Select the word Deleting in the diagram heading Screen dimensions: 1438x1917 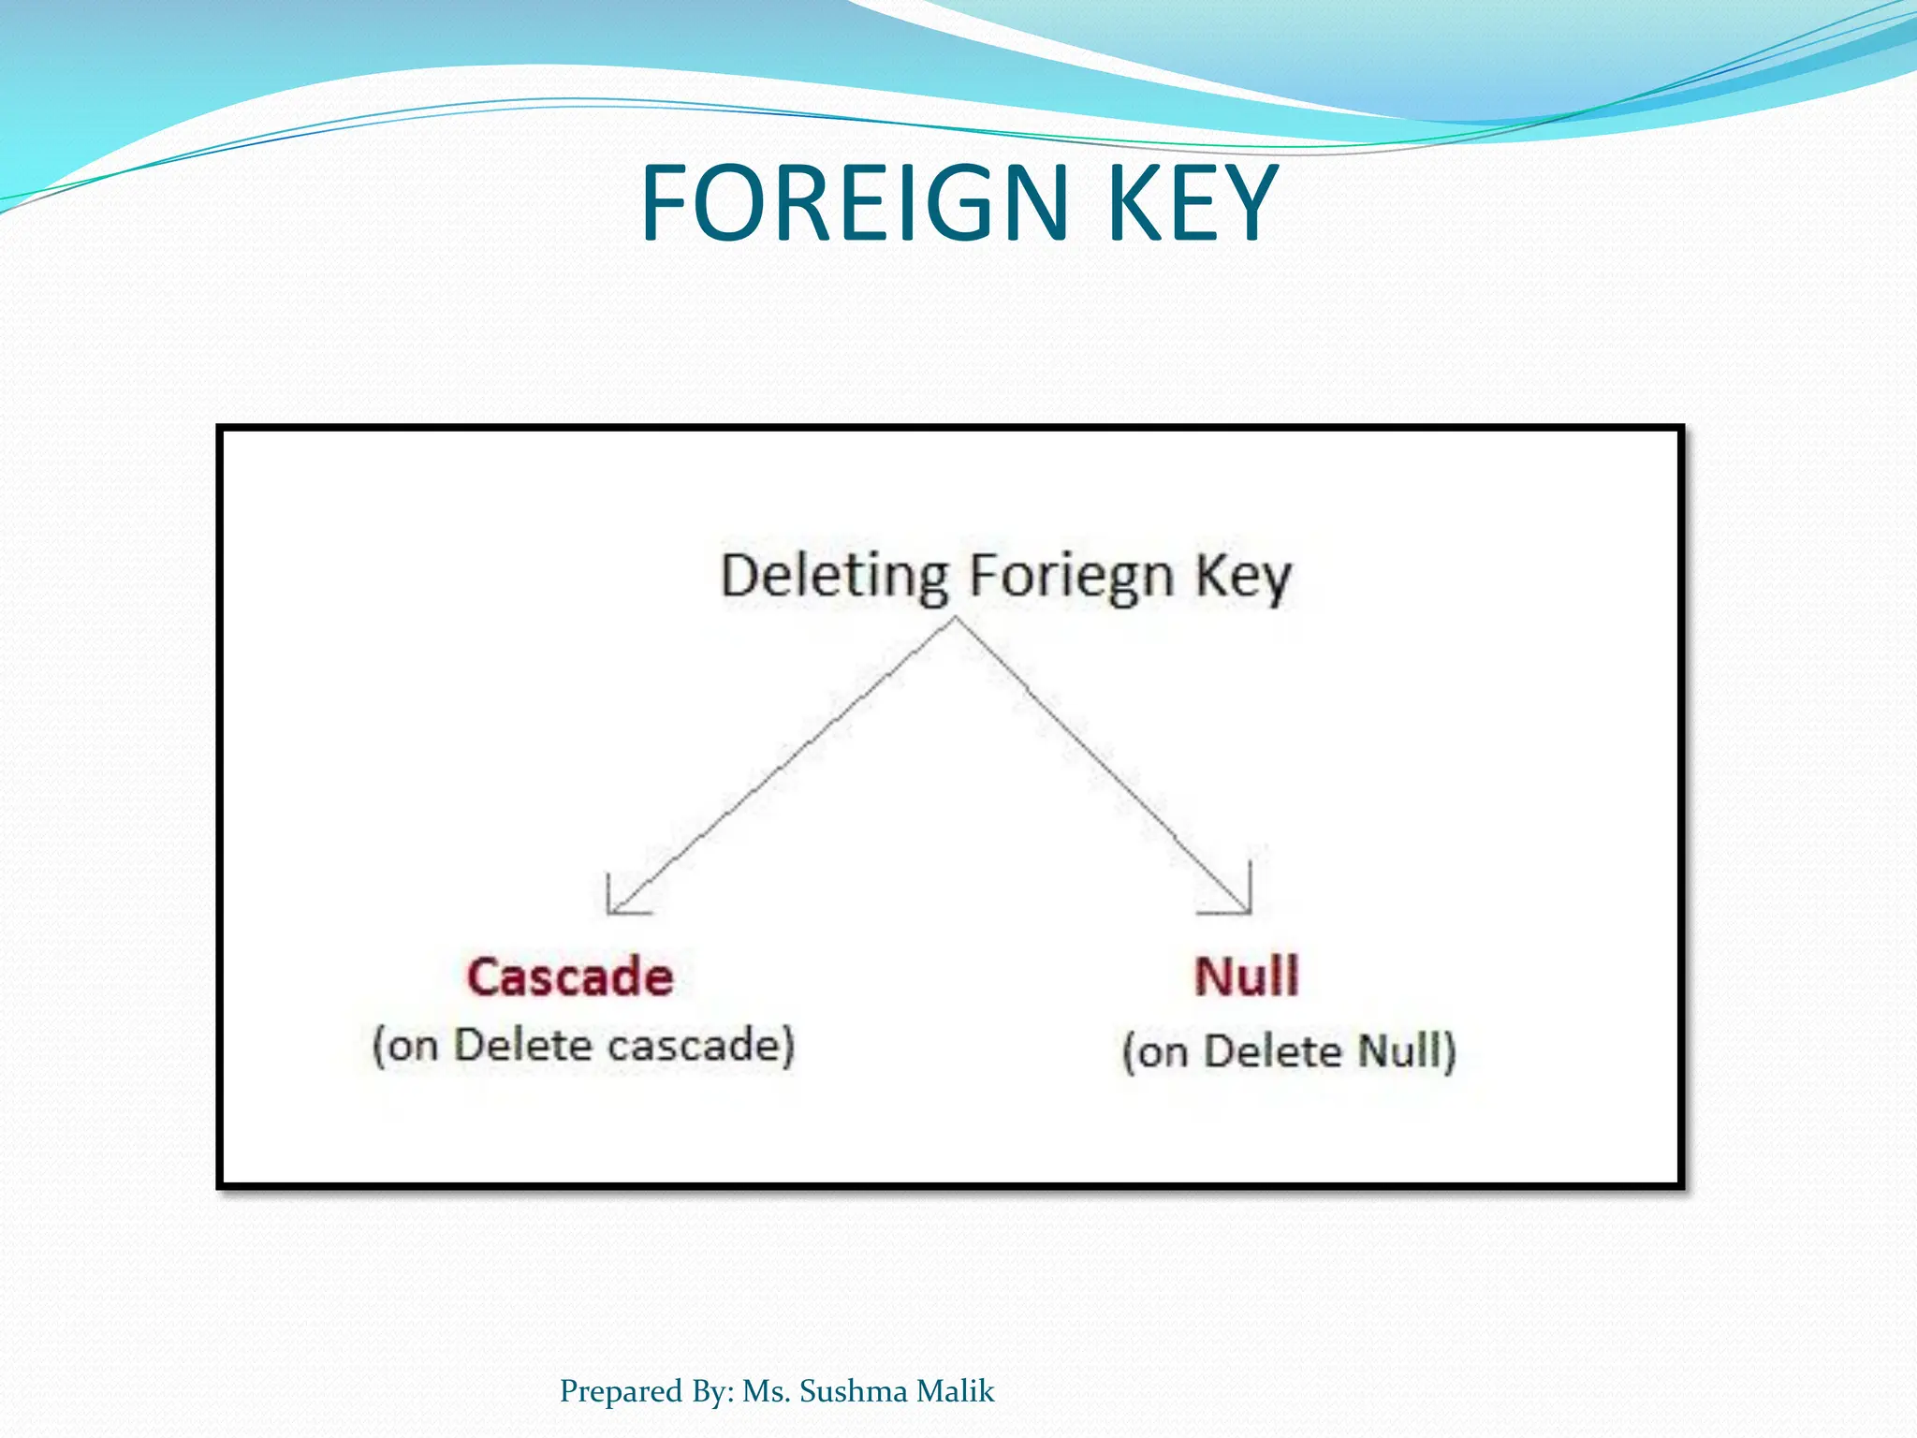[834, 577]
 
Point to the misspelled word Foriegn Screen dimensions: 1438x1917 [1071, 577]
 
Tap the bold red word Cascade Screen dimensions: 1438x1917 [570, 977]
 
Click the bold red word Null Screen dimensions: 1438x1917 [1247, 976]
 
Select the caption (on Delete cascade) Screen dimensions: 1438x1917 [583, 1046]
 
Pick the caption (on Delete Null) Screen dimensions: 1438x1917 [1289, 1051]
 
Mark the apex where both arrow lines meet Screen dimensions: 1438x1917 [956, 618]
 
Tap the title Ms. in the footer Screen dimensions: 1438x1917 [767, 1391]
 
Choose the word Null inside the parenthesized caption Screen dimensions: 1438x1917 [1398, 1051]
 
